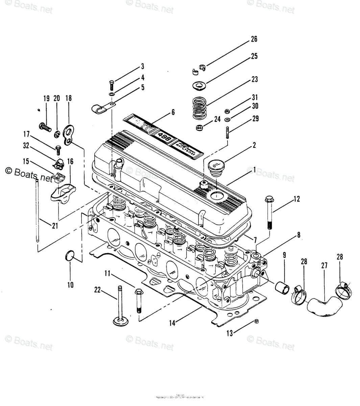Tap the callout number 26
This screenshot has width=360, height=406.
(254, 39)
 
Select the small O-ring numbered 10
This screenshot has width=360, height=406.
(69, 256)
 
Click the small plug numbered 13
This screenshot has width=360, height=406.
(256, 321)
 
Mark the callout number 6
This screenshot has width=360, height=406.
(173, 112)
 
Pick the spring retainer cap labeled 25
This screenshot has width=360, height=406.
(198, 86)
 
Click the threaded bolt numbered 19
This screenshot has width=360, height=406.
(45, 127)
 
